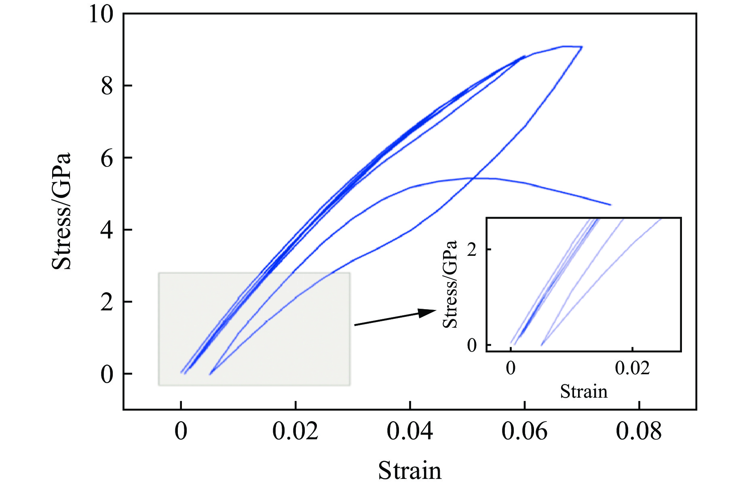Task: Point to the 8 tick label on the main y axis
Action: [x=107, y=86]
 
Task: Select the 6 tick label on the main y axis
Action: [x=107, y=158]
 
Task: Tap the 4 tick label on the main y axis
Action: [x=107, y=230]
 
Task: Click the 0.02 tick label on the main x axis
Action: [x=295, y=431]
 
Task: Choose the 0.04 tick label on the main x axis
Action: [x=409, y=431]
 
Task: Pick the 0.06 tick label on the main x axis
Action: [x=524, y=431]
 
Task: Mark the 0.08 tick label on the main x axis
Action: [x=639, y=431]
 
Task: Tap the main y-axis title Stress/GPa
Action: [x=61, y=211]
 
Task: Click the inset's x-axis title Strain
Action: [x=584, y=392]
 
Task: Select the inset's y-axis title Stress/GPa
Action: [x=450, y=284]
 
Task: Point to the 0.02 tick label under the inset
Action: [x=632, y=368]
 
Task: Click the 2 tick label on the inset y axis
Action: [x=472, y=250]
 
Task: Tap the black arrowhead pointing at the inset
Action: [x=428, y=312]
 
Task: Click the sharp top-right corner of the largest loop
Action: [x=582, y=47]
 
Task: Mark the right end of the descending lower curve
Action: [x=610, y=205]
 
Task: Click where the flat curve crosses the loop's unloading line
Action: [x=472, y=178]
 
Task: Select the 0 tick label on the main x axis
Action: [x=181, y=431]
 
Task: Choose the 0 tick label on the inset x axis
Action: [x=511, y=368]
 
